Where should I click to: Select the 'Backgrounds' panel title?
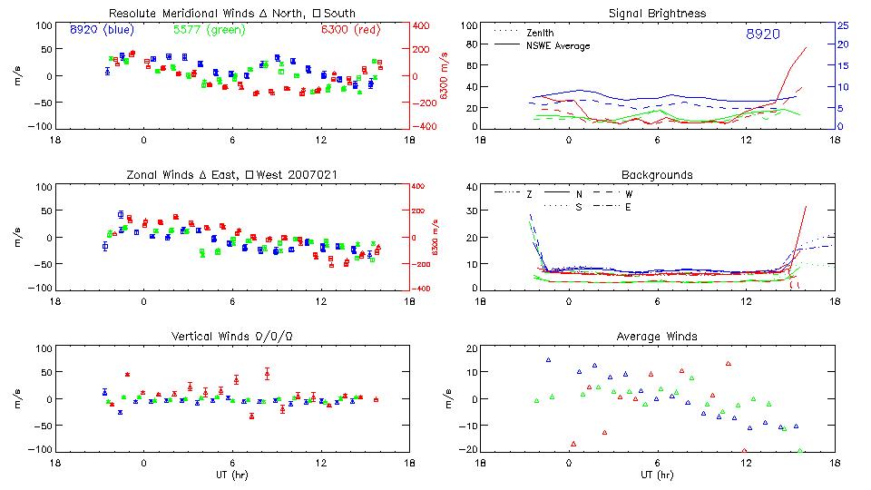click(657, 174)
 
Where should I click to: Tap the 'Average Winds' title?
click(657, 337)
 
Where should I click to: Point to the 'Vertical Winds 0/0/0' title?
click(231, 337)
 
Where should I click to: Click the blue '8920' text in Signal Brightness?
click(762, 34)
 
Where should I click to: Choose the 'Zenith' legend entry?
click(541, 33)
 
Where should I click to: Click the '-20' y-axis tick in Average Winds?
click(467, 450)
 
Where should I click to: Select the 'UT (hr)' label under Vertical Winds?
click(231, 475)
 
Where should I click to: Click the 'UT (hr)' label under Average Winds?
click(657, 475)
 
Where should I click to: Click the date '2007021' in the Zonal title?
click(317, 174)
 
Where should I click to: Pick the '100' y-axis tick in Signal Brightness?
click(468, 25)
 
